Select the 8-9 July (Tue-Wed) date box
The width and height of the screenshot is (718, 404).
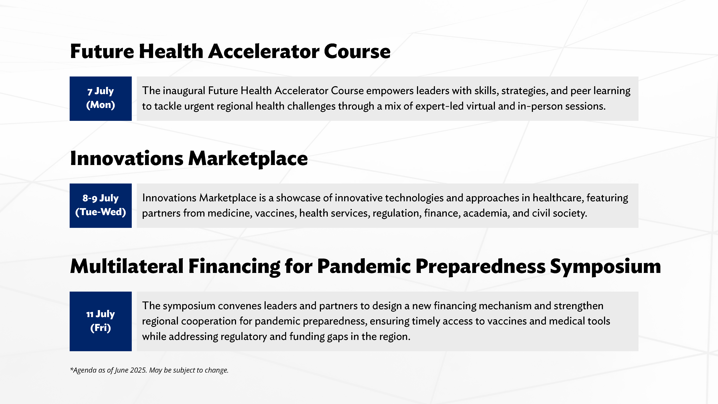pyautogui.click(x=101, y=205)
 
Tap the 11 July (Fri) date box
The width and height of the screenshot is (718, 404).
pyautogui.click(x=101, y=321)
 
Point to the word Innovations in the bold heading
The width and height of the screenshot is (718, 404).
pyautogui.click(x=127, y=158)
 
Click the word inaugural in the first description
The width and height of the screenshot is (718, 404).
pyautogui.click(x=184, y=91)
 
